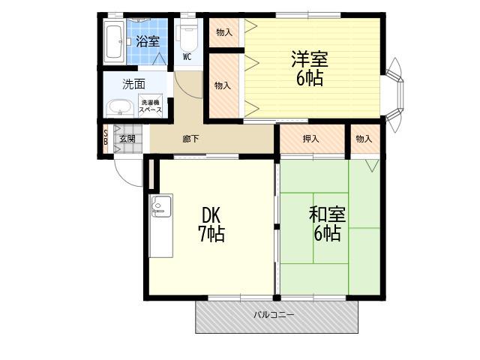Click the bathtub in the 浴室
(x=115, y=42)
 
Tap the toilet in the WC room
(x=187, y=37)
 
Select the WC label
(x=187, y=57)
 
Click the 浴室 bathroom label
(x=148, y=42)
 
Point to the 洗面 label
(x=133, y=84)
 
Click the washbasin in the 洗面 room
(x=120, y=109)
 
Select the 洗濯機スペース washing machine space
(x=150, y=106)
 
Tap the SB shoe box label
(x=105, y=137)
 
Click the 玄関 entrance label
(x=127, y=139)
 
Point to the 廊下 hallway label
(x=190, y=139)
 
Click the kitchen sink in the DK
(x=162, y=205)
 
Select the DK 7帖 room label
(x=211, y=225)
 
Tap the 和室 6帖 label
(x=327, y=223)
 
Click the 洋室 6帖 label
(x=310, y=68)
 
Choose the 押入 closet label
(x=310, y=139)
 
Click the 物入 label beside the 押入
(x=364, y=139)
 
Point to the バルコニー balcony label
(x=274, y=315)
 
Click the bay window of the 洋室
(x=395, y=95)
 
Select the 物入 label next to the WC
(x=224, y=32)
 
